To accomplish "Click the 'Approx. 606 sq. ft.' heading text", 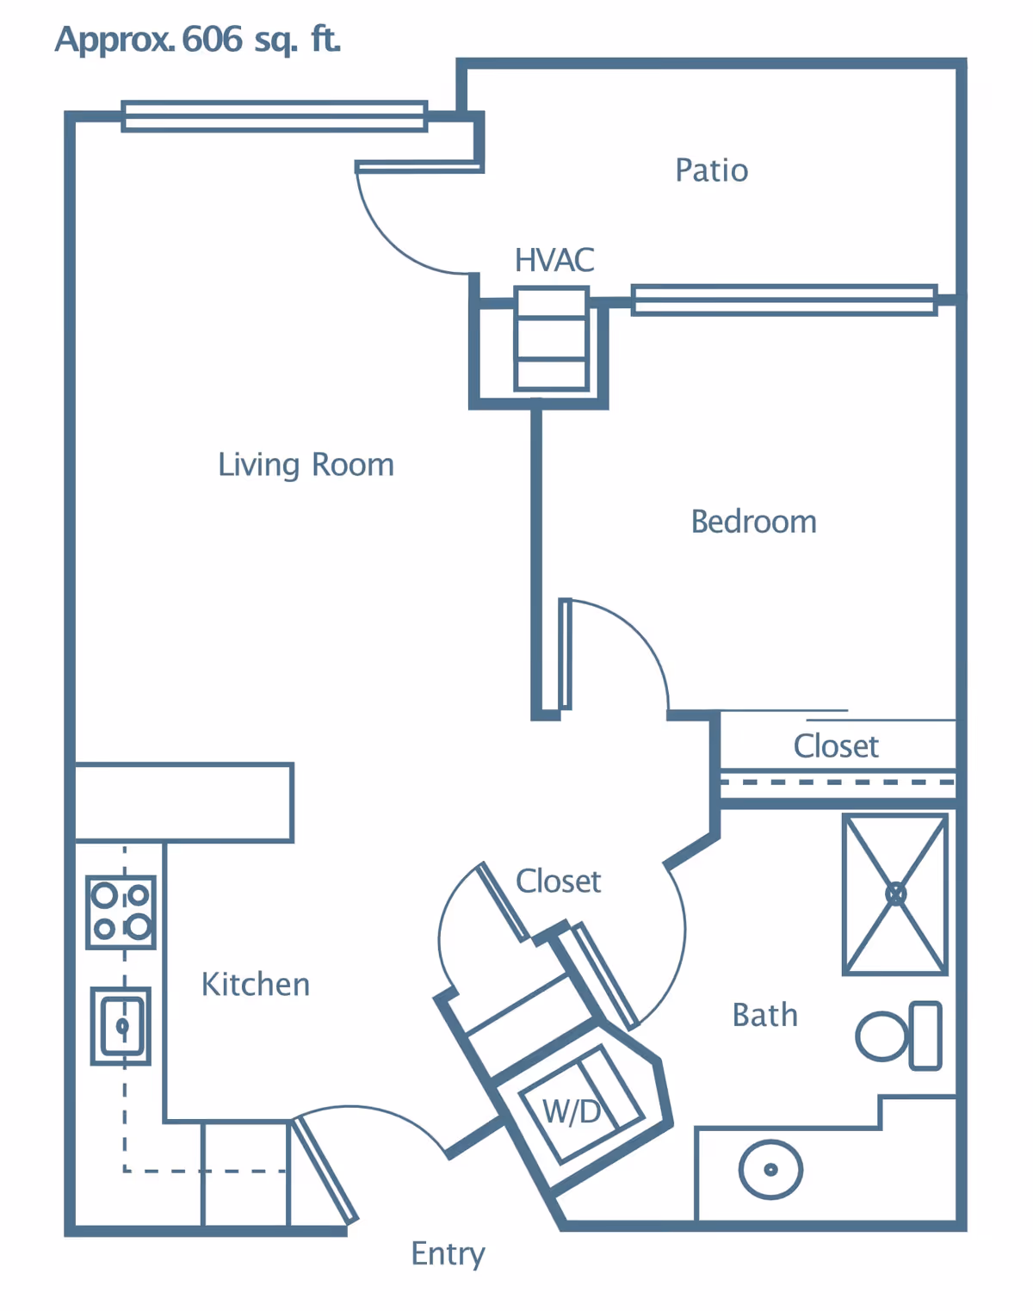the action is [x=197, y=40].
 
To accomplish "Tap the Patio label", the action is [x=711, y=170].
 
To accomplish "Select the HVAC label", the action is [x=554, y=260].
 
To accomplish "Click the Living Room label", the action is [x=306, y=466].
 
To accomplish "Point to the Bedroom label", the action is [x=753, y=522].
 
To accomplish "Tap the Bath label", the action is [x=764, y=1015].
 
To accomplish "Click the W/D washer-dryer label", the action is [x=571, y=1111].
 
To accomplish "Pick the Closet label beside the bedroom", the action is [x=836, y=746].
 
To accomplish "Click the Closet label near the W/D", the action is [x=558, y=881].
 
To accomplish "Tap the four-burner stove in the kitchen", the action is [x=121, y=912].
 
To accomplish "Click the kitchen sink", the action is [x=121, y=1026].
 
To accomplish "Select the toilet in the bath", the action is [x=899, y=1036].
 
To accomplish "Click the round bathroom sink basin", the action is [x=771, y=1170].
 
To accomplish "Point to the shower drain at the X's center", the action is [x=895, y=895].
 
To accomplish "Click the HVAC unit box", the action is [x=551, y=338].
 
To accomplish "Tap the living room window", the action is [x=275, y=115].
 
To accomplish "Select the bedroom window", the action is [x=784, y=300].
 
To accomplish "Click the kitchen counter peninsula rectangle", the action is [x=183, y=802].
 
